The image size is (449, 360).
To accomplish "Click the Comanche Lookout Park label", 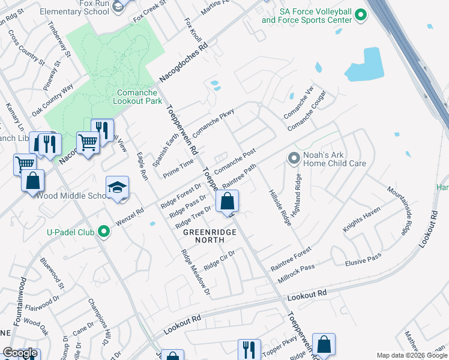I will click(x=137, y=97).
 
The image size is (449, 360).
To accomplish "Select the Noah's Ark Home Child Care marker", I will click(x=294, y=158).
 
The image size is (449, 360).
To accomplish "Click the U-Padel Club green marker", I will click(x=104, y=231).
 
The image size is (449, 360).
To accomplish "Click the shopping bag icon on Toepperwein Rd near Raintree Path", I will click(x=228, y=202).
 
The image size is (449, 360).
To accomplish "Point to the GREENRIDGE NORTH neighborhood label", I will click(x=203, y=236).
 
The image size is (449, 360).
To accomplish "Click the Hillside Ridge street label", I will click(x=279, y=205).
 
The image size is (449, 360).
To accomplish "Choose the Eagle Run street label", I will click(x=143, y=166).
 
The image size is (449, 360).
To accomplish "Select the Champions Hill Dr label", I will click(x=100, y=322).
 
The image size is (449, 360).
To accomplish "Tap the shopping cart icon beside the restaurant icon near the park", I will click(x=88, y=143).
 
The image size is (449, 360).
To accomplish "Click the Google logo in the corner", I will click(x=20, y=353).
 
